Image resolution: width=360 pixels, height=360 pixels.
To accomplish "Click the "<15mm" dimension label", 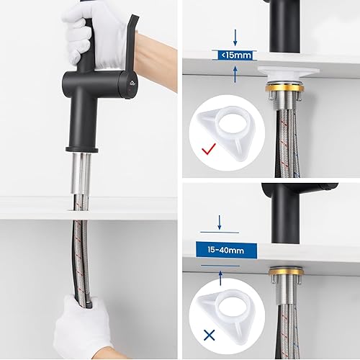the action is [x=236, y=55].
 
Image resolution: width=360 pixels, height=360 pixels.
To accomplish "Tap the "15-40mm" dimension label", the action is [x=226, y=250].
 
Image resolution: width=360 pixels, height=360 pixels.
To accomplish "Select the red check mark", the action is [x=209, y=149].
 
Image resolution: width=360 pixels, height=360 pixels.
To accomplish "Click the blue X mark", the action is [x=210, y=335].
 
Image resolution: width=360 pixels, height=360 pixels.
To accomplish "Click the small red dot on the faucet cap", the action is [x=129, y=90].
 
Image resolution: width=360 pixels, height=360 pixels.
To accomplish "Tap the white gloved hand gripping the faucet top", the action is [x=94, y=36].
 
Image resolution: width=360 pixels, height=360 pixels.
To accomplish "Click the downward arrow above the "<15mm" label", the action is [x=235, y=37].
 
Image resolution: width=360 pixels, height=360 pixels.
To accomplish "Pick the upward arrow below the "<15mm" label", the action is [x=235, y=75].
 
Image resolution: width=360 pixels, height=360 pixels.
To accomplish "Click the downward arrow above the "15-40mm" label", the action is [x=220, y=222].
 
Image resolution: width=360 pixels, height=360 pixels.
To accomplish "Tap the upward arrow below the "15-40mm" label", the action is [x=220, y=278].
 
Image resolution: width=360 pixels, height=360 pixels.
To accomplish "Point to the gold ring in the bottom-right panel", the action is [x=286, y=271].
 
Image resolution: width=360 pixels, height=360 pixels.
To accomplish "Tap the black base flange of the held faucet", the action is [x=82, y=150].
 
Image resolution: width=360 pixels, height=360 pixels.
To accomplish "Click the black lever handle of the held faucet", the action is [x=131, y=43].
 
